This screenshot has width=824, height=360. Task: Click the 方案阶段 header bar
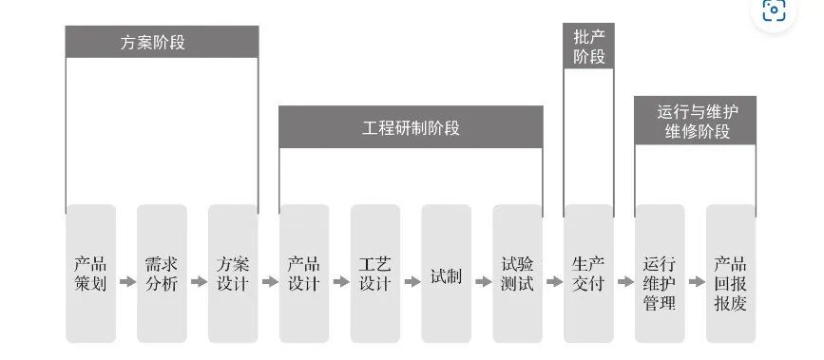coord(162,42)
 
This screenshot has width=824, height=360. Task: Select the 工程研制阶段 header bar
coord(411,127)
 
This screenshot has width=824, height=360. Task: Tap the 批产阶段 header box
coord(588,47)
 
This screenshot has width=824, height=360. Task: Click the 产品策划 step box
coord(90,274)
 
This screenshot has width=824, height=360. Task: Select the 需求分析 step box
coord(162,274)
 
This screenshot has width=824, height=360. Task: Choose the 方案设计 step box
coord(233,274)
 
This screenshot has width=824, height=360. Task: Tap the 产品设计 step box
coord(304,274)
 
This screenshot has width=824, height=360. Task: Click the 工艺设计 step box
coord(375,274)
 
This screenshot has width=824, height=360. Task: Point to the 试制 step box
coord(446,274)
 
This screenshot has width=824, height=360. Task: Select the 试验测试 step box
coord(517,274)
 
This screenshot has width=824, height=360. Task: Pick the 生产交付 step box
coord(588,274)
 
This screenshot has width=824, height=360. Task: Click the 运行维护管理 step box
coord(660,274)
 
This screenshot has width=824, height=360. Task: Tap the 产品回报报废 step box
coord(730,274)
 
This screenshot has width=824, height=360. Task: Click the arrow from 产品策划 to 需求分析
coord(126,282)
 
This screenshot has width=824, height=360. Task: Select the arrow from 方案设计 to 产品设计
coord(269,282)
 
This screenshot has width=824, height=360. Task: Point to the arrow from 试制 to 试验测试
coord(482,282)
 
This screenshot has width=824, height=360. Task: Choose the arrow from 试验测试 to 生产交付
coord(553,282)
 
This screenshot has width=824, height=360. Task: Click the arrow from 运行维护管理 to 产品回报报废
coord(695,282)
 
